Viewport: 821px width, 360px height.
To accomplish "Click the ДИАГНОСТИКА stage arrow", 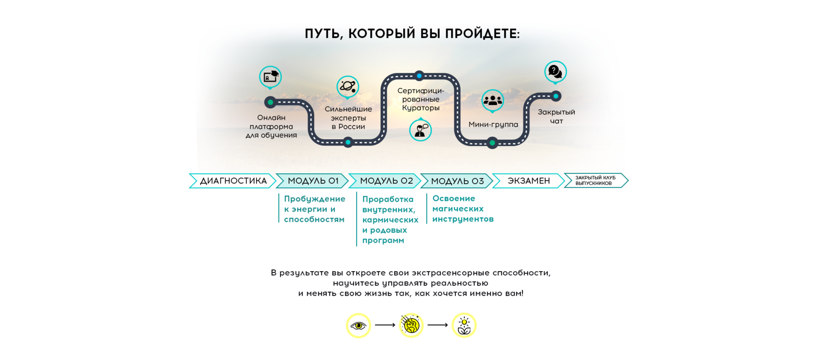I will (x=233, y=181).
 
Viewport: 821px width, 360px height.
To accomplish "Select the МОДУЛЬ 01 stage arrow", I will (x=313, y=181).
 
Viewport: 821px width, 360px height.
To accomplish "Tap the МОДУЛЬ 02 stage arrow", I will (x=386, y=181).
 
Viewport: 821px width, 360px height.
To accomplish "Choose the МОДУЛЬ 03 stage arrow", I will (x=457, y=181).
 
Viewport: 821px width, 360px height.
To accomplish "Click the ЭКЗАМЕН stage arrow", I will (x=528, y=181).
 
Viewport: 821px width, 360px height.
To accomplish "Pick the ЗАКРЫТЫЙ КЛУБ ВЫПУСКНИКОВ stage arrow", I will (x=595, y=181).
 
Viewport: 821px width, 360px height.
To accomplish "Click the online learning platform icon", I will (x=270, y=77).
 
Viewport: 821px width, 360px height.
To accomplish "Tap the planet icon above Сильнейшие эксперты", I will (x=348, y=86).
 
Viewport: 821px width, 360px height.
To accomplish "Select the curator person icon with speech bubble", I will (x=420, y=130).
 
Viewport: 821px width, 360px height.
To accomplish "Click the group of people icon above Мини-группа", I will (x=493, y=100).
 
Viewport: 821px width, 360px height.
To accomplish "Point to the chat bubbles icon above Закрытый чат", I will (x=556, y=72).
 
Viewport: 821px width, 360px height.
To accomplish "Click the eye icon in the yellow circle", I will (x=358, y=325).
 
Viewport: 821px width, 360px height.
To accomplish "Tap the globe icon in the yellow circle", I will (x=411, y=325).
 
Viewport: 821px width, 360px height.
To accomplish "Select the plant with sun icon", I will (x=464, y=325).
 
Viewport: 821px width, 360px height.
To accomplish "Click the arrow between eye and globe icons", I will (x=385, y=325).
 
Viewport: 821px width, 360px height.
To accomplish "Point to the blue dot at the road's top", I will (x=419, y=76).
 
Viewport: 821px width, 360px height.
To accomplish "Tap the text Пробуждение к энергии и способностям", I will (x=314, y=209).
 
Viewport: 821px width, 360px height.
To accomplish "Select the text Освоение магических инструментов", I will (x=462, y=209).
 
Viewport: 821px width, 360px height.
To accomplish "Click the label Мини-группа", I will (x=493, y=125).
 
